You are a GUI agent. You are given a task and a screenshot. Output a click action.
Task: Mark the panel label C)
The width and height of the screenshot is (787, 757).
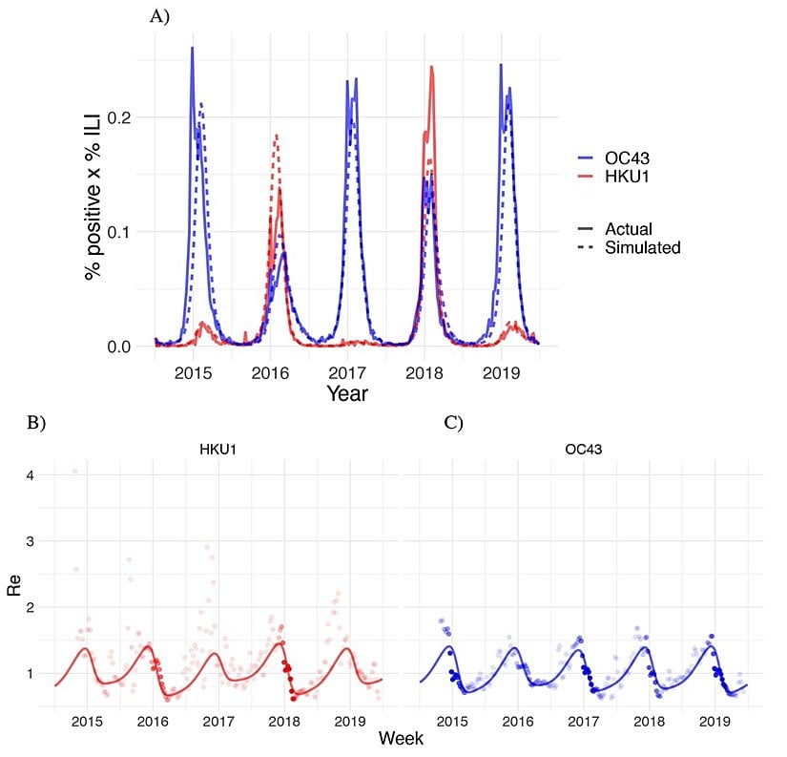(x=452, y=421)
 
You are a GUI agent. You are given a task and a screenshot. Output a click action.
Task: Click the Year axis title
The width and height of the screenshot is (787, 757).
(x=347, y=392)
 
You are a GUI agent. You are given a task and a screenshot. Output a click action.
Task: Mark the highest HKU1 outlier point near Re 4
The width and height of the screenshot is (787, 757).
(x=75, y=471)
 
